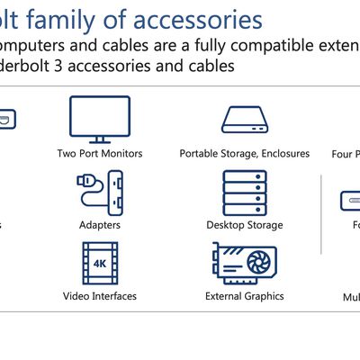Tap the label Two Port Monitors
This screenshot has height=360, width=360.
[x=99, y=154]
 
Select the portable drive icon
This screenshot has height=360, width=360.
[x=244, y=120]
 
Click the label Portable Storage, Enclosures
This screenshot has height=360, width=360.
[x=244, y=154]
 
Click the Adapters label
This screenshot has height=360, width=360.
[x=99, y=225]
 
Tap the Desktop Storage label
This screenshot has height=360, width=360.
[x=244, y=225]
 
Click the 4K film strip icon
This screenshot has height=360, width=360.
[x=99, y=262]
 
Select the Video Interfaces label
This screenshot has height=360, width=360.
[x=99, y=296]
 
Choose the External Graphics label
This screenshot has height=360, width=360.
[x=244, y=296]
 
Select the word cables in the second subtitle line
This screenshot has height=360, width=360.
[x=181, y=67]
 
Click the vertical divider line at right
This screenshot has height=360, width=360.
[x=321, y=216]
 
